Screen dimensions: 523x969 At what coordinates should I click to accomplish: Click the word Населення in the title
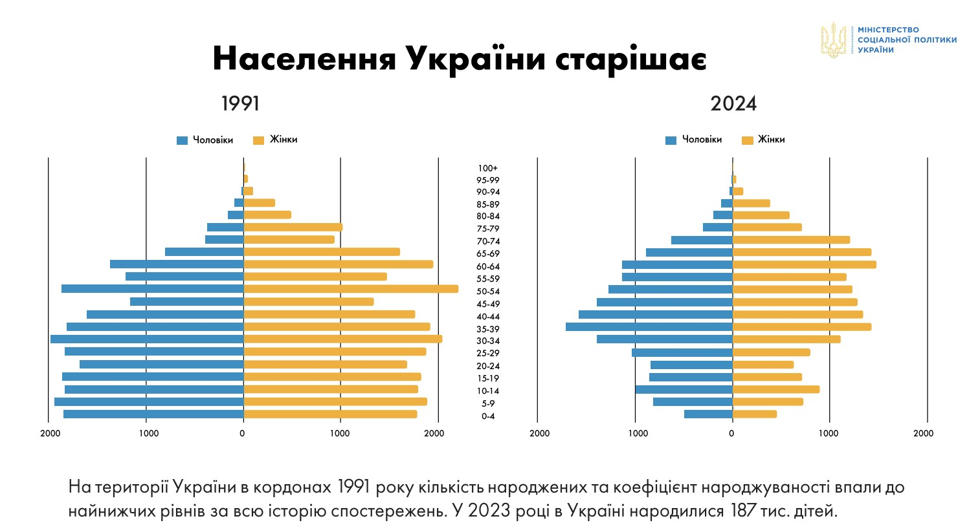(303, 59)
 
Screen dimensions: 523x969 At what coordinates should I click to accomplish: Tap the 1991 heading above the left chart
(239, 103)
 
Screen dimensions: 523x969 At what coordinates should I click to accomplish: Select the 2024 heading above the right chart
(733, 103)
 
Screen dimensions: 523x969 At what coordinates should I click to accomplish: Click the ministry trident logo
(834, 40)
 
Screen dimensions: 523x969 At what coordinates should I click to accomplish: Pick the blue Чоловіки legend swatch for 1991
(182, 140)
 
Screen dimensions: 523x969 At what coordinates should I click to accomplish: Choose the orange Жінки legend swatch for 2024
(748, 140)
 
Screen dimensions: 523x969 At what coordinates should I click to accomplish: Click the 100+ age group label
(488, 168)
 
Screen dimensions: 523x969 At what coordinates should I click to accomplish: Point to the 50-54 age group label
(488, 292)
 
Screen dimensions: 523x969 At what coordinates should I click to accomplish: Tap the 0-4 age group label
(488, 416)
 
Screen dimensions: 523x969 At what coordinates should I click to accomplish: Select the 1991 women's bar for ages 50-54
(351, 289)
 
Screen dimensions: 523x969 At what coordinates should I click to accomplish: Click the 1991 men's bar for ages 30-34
(147, 339)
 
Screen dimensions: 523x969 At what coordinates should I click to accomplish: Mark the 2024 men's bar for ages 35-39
(649, 326)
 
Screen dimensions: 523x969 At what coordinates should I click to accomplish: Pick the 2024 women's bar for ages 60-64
(804, 264)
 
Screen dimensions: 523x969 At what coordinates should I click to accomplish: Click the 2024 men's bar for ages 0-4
(708, 414)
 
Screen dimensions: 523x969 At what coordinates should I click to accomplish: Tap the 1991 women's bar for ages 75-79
(293, 227)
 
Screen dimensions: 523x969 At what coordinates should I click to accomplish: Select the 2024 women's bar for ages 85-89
(751, 203)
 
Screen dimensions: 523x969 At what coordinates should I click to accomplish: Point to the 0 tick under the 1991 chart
(243, 434)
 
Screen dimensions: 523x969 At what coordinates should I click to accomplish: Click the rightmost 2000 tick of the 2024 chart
(924, 434)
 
